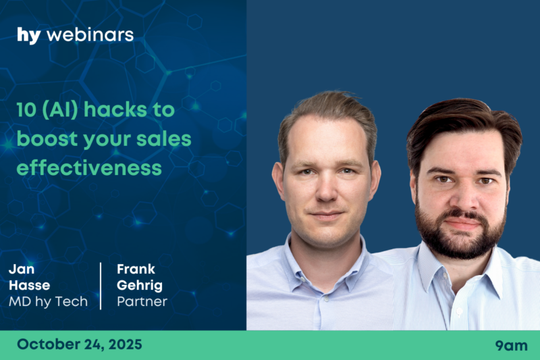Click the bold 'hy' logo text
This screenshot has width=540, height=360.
click(x=29, y=36)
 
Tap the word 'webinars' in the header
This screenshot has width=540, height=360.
click(x=90, y=35)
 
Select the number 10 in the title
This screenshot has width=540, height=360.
click(x=26, y=110)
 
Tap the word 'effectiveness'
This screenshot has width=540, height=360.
click(x=89, y=168)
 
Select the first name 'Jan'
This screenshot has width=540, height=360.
click(x=22, y=269)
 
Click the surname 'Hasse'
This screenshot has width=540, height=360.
click(x=30, y=285)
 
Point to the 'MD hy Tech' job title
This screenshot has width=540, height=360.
click(x=48, y=302)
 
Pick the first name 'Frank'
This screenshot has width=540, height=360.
click(x=136, y=269)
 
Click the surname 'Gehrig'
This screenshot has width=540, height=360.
click(x=140, y=286)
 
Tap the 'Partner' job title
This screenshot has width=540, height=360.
click(x=142, y=302)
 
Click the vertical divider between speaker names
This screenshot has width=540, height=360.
click(x=101, y=286)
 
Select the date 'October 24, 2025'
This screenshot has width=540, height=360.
click(x=80, y=344)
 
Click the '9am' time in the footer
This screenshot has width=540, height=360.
click(x=511, y=346)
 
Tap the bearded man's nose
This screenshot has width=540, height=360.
click(x=464, y=197)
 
